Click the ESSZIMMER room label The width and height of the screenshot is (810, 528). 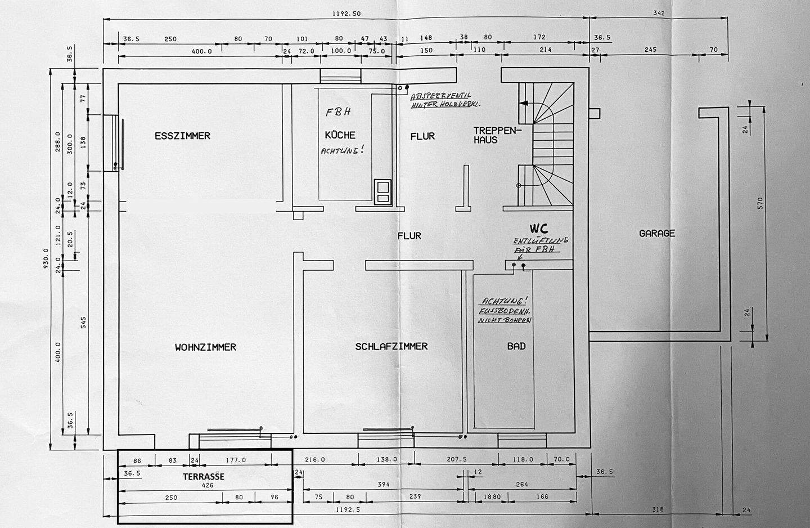[182, 136]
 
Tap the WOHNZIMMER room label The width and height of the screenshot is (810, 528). [205, 347]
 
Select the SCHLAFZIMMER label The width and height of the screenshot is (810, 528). [391, 347]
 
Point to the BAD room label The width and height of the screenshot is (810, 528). [516, 346]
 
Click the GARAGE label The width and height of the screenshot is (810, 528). [657, 233]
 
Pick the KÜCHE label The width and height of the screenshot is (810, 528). [340, 135]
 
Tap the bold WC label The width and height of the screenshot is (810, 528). [538, 229]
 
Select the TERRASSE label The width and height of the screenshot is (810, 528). [204, 476]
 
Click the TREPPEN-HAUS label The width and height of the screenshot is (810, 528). [494, 135]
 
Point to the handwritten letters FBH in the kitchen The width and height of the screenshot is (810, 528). [339, 111]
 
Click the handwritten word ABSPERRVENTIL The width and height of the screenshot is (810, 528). [441, 96]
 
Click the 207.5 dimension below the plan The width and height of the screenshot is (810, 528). [457, 459]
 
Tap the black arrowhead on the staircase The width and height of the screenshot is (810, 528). [523, 104]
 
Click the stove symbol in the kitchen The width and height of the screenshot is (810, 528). [382, 191]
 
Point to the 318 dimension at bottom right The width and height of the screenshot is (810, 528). [658, 509]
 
